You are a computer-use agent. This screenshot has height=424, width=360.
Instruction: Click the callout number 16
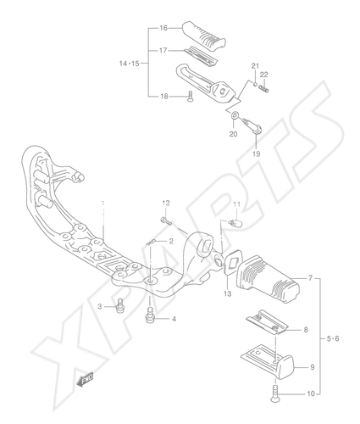pyautogui.click(x=163, y=28)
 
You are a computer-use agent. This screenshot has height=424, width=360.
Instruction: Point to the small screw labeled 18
pyautogui.click(x=190, y=96)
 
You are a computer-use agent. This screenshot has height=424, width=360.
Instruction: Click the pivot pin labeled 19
pyautogui.click(x=253, y=126)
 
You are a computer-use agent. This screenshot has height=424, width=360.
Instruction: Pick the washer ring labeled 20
pyautogui.click(x=235, y=115)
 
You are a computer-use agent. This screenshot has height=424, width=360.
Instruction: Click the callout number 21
pyautogui.click(x=255, y=66)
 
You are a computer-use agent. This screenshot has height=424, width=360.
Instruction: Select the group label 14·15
pyautogui.click(x=129, y=64)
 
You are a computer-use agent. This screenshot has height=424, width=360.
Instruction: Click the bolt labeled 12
pyautogui.click(x=166, y=220)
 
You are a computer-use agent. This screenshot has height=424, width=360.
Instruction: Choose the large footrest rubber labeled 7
pyautogui.click(x=268, y=280)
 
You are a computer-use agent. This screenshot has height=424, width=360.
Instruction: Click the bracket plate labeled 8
pyautogui.click(x=267, y=323)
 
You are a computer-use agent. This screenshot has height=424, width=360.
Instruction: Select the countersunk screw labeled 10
pyautogui.click(x=275, y=393)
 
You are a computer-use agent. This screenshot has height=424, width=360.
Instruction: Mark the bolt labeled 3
pyautogui.click(x=120, y=306)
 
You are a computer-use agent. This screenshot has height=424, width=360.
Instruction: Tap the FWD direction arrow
pyautogui.click(x=85, y=379)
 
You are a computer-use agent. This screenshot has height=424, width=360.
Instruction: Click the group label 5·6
pyautogui.click(x=333, y=338)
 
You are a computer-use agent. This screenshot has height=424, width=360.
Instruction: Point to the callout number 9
pyautogui.click(x=312, y=367)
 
